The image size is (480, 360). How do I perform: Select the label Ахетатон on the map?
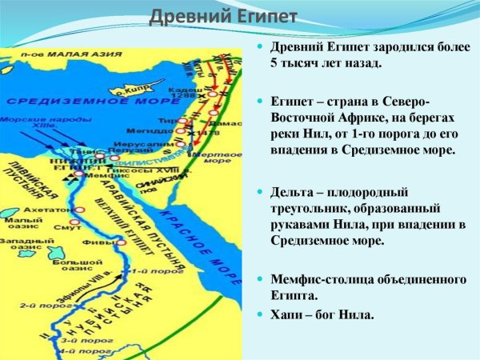point(50,210)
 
